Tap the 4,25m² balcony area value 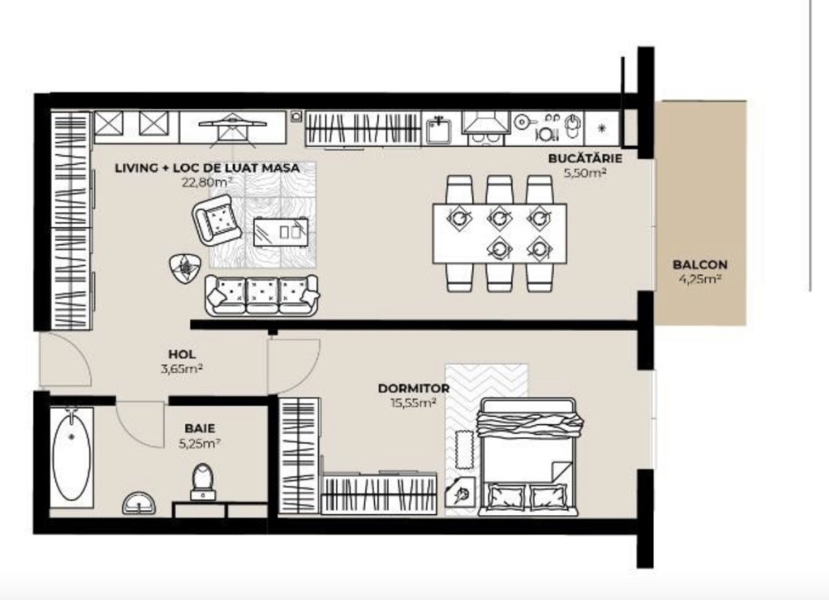pyautogui.click(x=700, y=280)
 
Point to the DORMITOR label pyautogui.click(x=413, y=388)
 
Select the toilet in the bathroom pyautogui.click(x=202, y=482)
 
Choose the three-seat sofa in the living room pyautogui.click(x=262, y=294)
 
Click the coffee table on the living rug pyautogui.click(x=280, y=229)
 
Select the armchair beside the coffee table pyautogui.click(x=218, y=220)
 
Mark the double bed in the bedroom pyautogui.click(x=527, y=457)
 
